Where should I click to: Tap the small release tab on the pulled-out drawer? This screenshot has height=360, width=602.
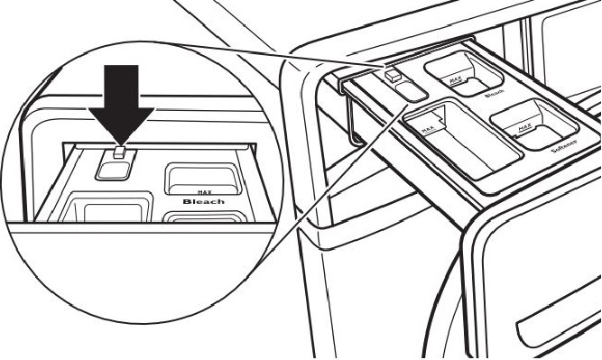[395, 75]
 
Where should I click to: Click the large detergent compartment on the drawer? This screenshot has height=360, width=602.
[460, 140]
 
